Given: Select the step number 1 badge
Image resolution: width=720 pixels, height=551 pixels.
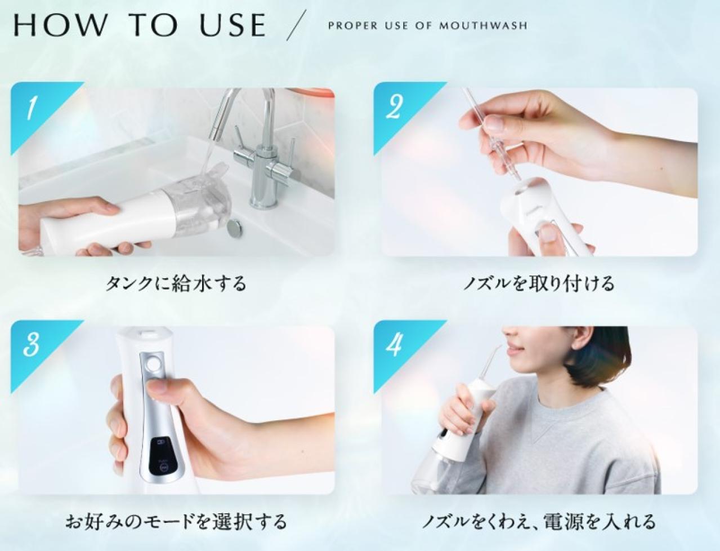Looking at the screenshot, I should point(31,109).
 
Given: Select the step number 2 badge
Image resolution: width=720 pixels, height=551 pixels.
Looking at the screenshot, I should point(393,107).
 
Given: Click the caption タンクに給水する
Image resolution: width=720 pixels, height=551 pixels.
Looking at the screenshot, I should point(176,283).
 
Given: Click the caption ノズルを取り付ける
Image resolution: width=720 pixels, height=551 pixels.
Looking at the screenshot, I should point(539,283).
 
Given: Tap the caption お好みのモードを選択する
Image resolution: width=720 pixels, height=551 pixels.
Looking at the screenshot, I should point(176,521).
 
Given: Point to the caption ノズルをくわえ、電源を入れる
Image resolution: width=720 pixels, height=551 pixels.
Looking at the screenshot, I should point(539,521).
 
